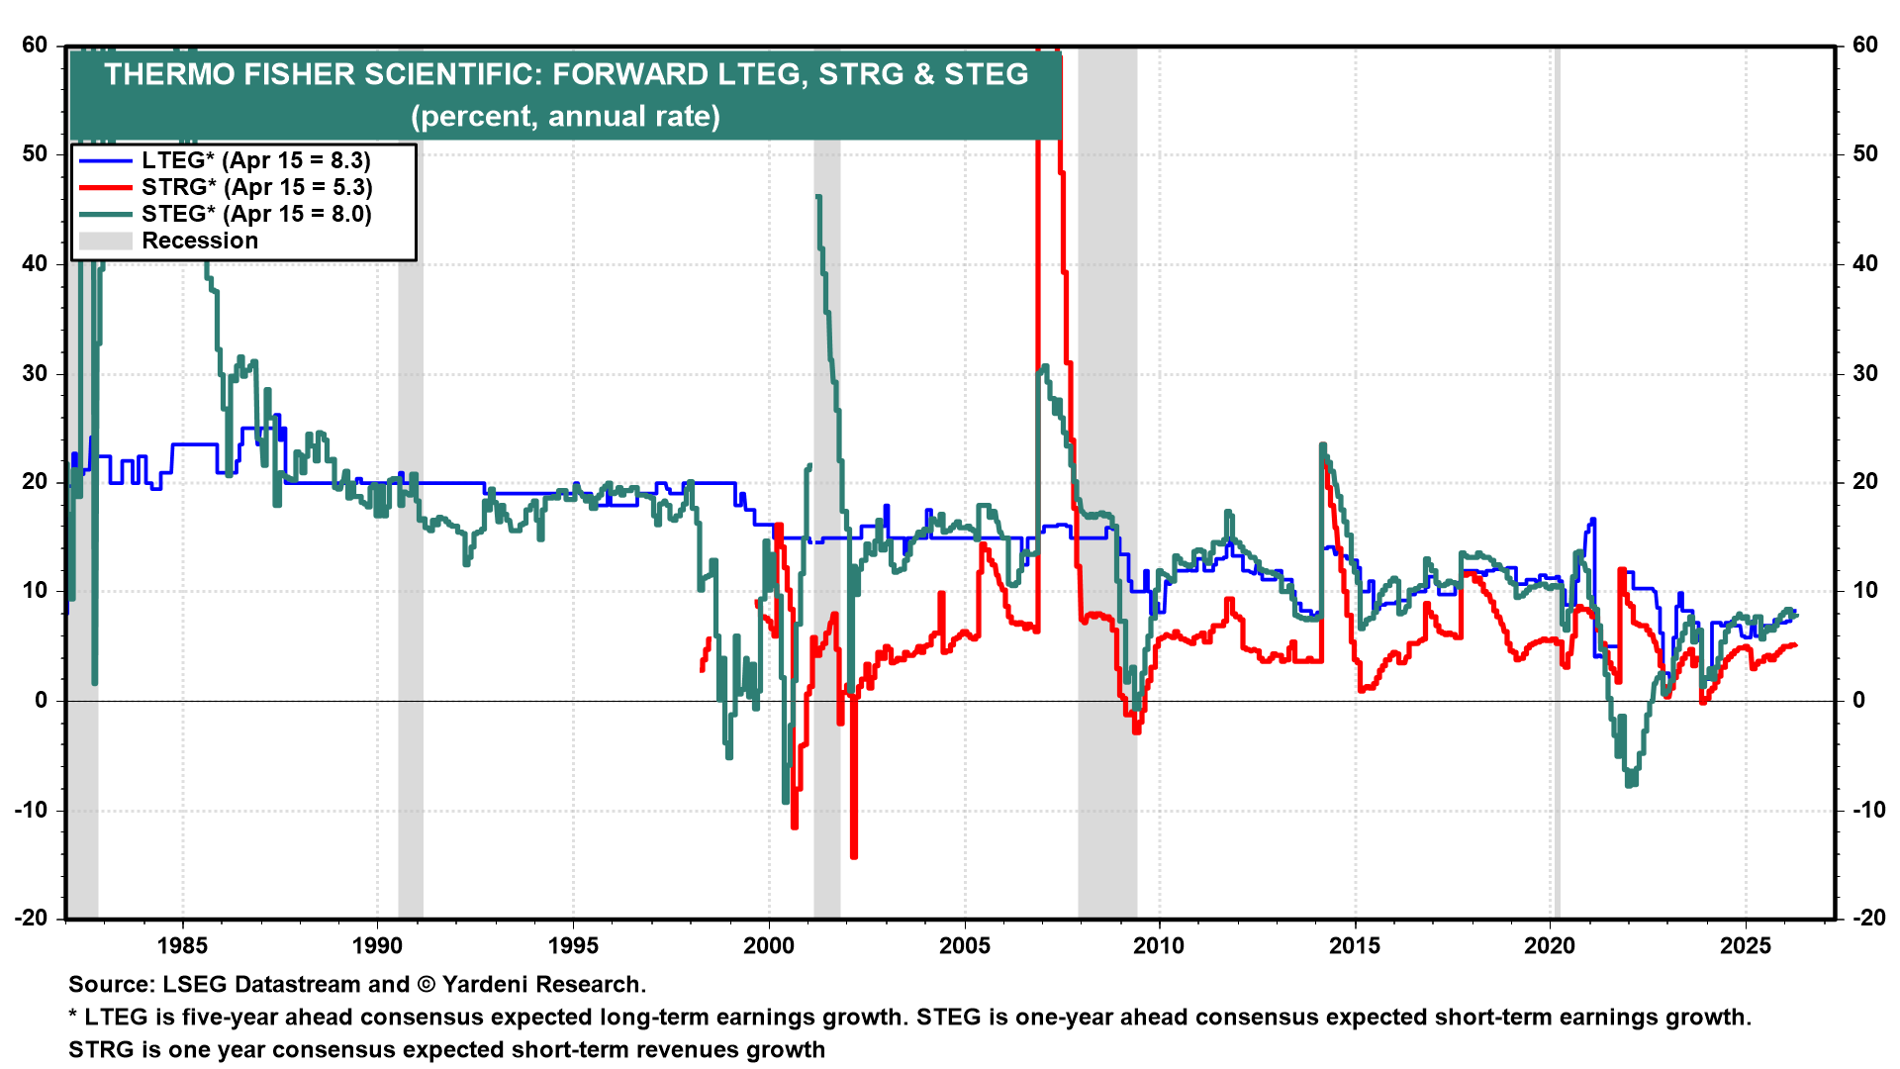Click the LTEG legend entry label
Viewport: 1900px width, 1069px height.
pos(255,160)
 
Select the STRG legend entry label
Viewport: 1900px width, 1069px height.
pos(256,187)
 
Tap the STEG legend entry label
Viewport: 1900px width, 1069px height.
pos(256,214)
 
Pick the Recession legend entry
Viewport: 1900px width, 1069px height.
pos(199,241)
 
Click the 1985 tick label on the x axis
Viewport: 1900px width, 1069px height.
pos(182,945)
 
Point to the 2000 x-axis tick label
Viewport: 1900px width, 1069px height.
pos(769,945)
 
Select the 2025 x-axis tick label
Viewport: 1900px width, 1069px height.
pos(1746,945)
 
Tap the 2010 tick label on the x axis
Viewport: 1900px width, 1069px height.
pos(1159,945)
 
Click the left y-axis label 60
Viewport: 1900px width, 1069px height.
pos(35,45)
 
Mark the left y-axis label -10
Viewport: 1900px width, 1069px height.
pos(31,810)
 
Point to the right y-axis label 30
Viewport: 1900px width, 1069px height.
pos(1865,373)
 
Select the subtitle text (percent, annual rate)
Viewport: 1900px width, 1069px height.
pos(565,116)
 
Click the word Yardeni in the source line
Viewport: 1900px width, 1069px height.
pos(488,984)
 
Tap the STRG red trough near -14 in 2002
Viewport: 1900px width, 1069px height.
pos(854,855)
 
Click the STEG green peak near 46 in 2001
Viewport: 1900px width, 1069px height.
pos(818,197)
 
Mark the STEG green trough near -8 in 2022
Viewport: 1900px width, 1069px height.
pos(1630,785)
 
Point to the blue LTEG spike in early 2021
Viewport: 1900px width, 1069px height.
pos(1592,520)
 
